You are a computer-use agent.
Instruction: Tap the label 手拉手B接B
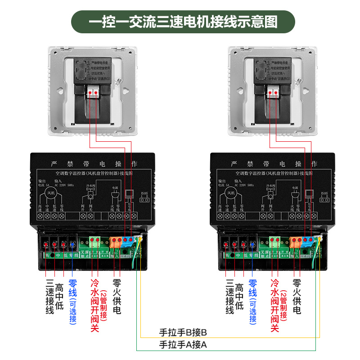(x=183, y=333)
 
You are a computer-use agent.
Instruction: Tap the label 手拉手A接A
(x=183, y=346)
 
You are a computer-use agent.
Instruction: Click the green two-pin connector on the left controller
(x=95, y=241)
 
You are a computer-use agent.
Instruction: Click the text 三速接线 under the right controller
(x=229, y=297)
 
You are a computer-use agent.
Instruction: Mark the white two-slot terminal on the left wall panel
(x=94, y=92)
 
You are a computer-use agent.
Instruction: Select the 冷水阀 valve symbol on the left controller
(x=89, y=194)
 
